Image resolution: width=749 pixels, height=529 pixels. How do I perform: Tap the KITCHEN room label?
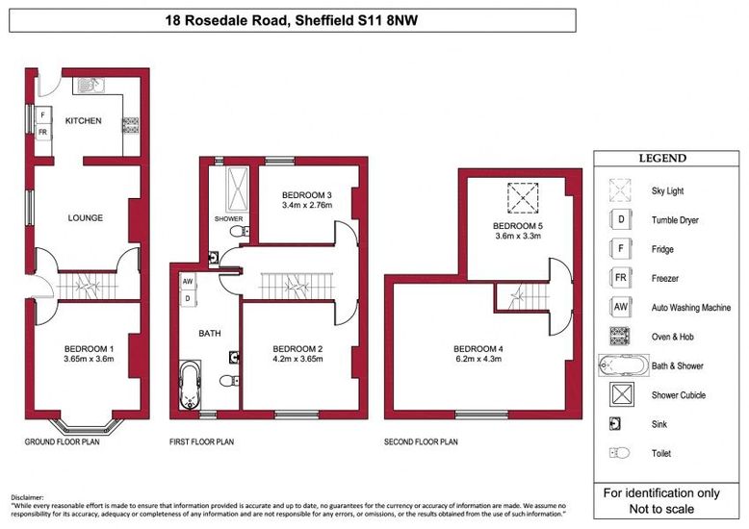tap(83, 120)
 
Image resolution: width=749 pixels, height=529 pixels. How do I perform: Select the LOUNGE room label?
tap(85, 217)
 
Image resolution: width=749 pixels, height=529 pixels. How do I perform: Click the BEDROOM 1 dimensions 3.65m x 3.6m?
tap(90, 360)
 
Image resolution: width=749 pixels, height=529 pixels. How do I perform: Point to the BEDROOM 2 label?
tap(297, 348)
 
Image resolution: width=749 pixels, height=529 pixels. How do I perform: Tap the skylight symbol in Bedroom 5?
tap(525, 200)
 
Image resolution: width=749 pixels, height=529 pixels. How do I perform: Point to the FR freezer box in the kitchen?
tap(43, 132)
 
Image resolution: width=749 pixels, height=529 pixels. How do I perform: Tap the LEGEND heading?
tap(663, 159)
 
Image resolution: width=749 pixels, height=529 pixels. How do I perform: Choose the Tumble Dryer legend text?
tap(675, 220)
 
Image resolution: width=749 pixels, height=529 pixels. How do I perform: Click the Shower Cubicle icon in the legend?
tap(621, 393)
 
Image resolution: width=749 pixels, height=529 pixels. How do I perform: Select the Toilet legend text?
tap(661, 453)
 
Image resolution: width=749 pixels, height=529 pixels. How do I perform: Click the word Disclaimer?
tap(28, 496)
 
